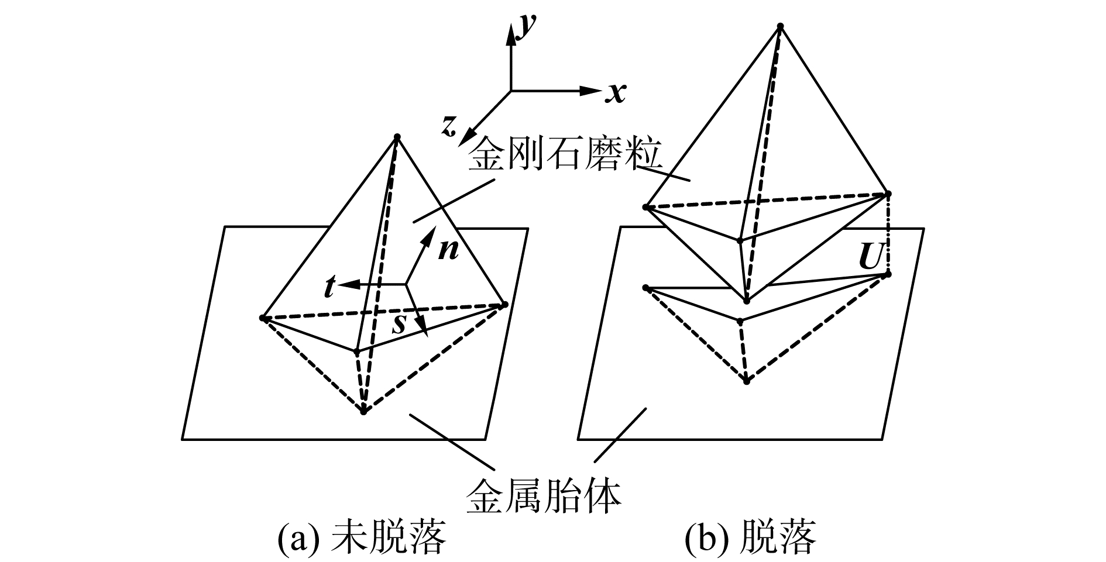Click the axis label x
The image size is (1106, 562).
616,92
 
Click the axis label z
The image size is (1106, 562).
449,126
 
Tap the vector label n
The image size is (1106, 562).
449,250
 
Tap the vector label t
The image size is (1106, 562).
329,287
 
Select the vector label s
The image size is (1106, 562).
399,323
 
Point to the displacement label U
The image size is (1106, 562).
870,257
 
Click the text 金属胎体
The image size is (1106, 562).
543,496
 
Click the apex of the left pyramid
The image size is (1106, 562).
397,137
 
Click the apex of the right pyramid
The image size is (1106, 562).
779,26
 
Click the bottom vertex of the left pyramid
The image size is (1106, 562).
363,412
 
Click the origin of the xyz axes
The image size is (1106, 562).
511,91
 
